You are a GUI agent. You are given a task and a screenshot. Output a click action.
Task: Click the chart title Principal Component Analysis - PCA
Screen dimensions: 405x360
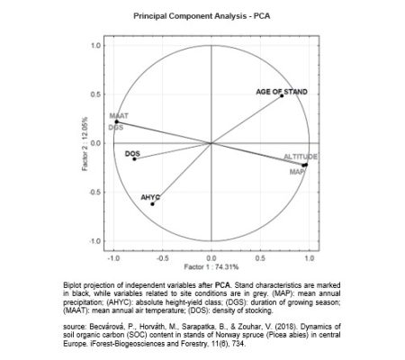click(202, 16)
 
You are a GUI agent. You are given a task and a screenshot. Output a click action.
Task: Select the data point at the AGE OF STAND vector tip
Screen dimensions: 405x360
click(282, 96)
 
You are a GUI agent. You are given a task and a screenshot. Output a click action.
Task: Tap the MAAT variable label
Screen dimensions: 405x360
click(119, 116)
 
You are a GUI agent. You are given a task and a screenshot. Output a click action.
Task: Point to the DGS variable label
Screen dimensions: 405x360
click(115, 128)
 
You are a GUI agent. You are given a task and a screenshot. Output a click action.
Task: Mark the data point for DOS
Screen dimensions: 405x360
click(134, 159)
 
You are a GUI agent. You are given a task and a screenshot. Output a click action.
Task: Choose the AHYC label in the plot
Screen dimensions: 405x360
click(150, 196)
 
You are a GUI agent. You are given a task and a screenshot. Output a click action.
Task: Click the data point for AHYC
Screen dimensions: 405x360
click(152, 203)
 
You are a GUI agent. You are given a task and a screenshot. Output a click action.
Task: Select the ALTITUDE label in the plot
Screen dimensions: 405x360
click(301, 157)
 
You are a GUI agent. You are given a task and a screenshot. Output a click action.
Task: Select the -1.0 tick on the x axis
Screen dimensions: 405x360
click(113, 257)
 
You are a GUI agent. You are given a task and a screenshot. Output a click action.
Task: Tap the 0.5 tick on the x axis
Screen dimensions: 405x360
click(260, 257)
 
